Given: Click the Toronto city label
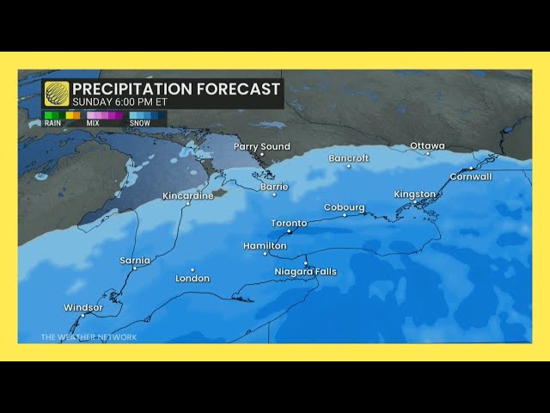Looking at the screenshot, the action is click(289, 224).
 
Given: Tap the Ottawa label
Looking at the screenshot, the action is click(427, 146).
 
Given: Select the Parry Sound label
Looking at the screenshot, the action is click(262, 147).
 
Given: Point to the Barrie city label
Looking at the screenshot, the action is click(274, 186).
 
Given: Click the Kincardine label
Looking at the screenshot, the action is click(188, 196).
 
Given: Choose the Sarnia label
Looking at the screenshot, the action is click(135, 261).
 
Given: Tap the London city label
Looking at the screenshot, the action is click(192, 279).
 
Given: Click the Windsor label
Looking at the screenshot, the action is click(83, 308).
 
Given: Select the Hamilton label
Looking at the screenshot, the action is click(264, 246).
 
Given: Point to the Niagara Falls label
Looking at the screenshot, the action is click(305, 272).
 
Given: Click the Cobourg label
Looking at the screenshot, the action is click(345, 207).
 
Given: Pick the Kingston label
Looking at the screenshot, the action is click(415, 194).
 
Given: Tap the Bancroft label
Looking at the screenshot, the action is click(349, 158).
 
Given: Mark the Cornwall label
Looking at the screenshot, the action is click(471, 176).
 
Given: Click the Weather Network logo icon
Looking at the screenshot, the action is click(57, 94).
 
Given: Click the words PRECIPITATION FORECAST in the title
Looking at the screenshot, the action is click(176, 89).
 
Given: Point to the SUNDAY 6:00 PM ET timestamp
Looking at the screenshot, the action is click(119, 102).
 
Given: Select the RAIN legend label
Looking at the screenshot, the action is click(53, 123).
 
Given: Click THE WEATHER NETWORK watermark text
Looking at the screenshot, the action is click(89, 337).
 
